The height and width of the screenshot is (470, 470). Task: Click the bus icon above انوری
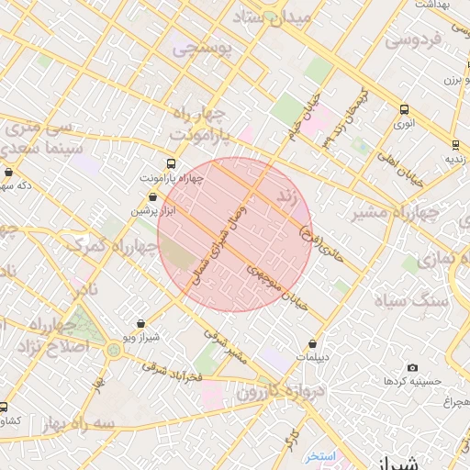[x=404, y=109]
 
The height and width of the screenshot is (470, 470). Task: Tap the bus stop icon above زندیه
[x=455, y=145]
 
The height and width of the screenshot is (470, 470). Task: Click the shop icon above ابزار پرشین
[x=152, y=197]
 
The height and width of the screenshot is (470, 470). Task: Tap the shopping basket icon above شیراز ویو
[x=140, y=324]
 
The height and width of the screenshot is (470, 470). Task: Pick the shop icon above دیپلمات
[x=312, y=345]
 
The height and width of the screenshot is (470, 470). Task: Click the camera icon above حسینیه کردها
[x=411, y=367]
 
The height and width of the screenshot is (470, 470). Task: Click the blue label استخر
[x=322, y=456]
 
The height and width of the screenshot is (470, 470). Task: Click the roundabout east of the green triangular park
[x=113, y=349]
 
